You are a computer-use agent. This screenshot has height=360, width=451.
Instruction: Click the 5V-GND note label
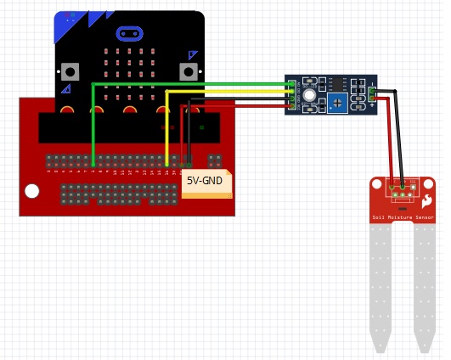pos(206,182)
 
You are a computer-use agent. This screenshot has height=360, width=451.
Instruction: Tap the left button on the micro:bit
pos(70,72)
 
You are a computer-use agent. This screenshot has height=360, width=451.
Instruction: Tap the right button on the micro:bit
pos(189,72)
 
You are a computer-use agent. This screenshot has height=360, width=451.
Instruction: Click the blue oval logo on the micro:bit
pos(129,34)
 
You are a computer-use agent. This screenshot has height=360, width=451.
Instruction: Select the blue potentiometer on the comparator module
pos(337,103)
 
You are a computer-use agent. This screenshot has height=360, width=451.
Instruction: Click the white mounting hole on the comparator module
pos(309,95)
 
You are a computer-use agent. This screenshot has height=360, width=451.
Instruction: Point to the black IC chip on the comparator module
pos(338,83)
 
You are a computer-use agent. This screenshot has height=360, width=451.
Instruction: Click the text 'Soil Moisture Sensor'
pos(403,217)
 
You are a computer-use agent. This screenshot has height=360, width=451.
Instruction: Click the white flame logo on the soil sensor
pos(426,201)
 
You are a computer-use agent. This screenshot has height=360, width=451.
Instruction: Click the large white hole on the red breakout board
pos(32,191)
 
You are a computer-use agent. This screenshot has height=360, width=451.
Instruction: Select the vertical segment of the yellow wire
pos(166,127)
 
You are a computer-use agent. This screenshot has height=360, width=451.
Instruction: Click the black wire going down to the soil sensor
pos(398,136)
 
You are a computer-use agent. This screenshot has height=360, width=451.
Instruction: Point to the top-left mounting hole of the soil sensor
pos(377,184)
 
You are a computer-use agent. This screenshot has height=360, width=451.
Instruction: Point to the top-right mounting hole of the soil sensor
pos(428,184)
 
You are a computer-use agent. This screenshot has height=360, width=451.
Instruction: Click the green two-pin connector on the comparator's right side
pos(372,94)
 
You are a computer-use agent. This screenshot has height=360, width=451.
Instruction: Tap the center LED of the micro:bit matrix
pos(129,74)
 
